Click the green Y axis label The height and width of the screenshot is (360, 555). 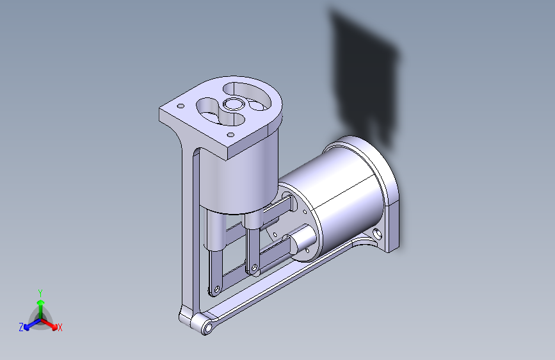(40, 293)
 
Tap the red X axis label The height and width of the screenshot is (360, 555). (60, 327)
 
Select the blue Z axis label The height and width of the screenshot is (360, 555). (21, 327)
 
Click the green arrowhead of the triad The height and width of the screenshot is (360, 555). (41, 302)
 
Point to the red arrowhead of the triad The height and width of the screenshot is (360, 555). (54, 326)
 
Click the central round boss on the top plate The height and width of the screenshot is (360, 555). (234, 104)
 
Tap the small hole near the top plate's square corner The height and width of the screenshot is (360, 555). (181, 106)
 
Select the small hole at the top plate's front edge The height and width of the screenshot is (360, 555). (230, 135)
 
